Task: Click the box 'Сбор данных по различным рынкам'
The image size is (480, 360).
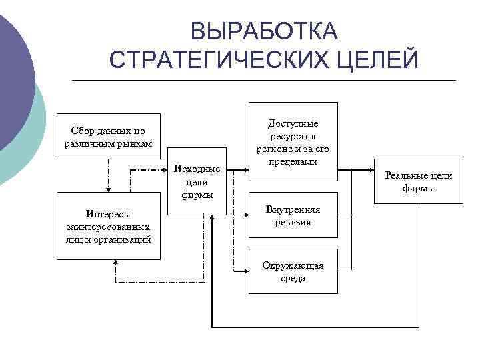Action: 109,137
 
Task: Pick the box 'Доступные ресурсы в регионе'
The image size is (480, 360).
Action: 293,141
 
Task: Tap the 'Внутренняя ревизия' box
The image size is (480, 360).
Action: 293,216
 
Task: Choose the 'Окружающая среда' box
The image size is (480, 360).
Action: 293,271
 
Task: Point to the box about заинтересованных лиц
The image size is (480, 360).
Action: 109,225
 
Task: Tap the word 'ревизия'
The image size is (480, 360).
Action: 293,222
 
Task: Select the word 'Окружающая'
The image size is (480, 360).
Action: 293,265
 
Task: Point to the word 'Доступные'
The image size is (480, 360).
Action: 293,123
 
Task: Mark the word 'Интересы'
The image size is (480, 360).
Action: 109,214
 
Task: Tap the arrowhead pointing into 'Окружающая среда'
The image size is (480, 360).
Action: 245,271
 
